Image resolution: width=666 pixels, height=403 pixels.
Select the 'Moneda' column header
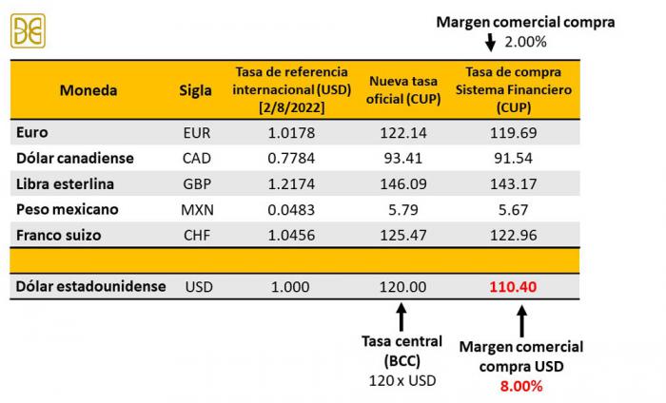pos(88,91)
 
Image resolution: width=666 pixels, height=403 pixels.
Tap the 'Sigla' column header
pos(196,91)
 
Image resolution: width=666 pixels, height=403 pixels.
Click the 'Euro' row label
pos(32,133)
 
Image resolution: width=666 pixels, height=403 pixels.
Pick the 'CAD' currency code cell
pos(196,159)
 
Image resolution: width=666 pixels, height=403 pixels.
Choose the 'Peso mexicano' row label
pos(64,209)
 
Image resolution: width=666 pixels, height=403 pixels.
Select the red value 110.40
pos(514,286)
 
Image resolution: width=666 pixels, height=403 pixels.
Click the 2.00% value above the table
pos(525,42)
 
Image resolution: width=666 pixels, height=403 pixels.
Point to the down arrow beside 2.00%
pos(491,42)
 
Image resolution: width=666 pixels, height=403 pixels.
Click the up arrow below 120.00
pos(401,316)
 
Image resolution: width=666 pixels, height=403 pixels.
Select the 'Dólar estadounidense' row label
pos(91,286)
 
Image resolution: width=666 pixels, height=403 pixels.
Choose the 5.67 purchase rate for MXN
pos(514,209)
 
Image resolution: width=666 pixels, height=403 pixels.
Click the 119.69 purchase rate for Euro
pos(514,133)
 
